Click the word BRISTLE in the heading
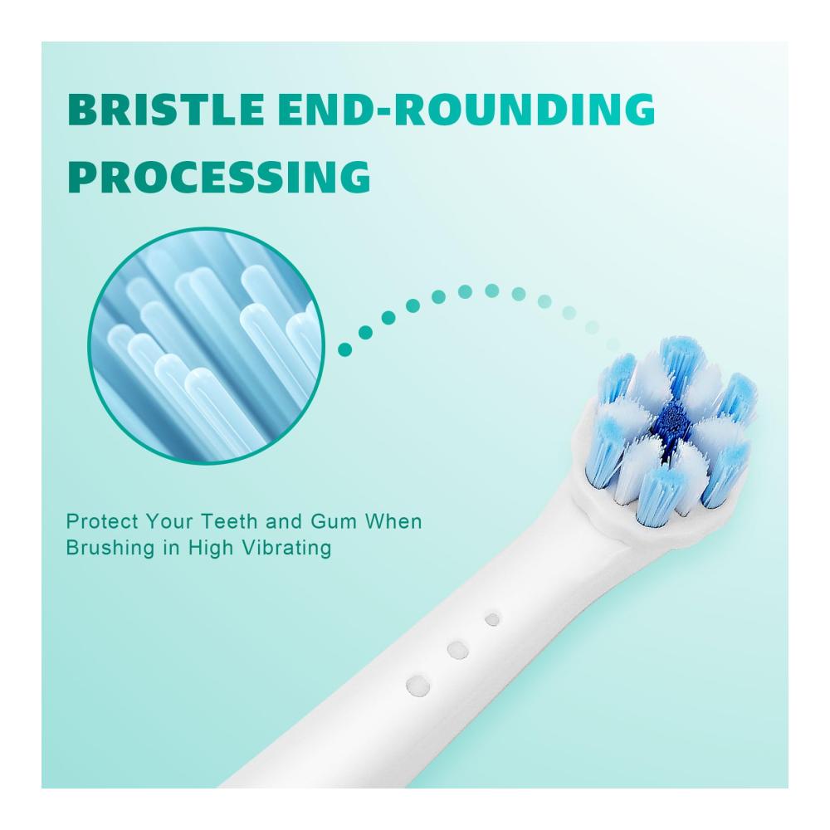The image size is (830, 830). click(x=166, y=110)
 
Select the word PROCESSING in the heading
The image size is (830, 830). click(x=219, y=176)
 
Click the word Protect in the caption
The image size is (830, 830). click(x=102, y=522)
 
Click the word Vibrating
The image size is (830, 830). click(x=287, y=548)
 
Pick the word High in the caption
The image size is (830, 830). click(x=211, y=548)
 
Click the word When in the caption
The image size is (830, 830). click(x=393, y=522)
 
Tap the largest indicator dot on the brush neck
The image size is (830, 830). click(x=417, y=686)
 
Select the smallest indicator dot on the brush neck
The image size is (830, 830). click(x=492, y=619)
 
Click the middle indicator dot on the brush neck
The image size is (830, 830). click(x=457, y=650)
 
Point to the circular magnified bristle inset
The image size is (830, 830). click(x=207, y=346)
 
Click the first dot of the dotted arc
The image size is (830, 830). click(x=344, y=349)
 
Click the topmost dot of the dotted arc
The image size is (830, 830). click(x=491, y=290)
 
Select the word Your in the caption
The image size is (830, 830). click(x=169, y=522)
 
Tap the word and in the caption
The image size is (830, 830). click(x=284, y=522)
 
